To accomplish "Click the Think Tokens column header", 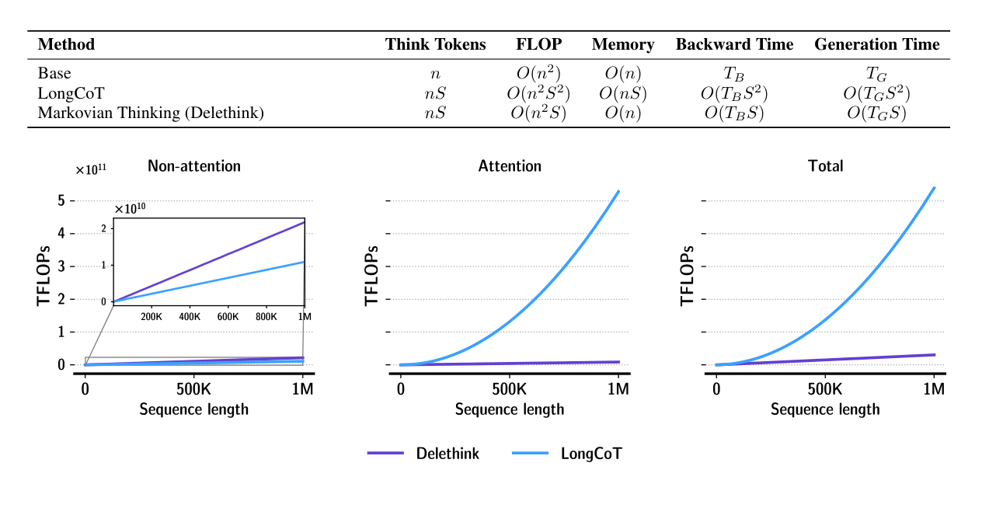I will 435,44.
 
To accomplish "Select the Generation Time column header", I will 876,44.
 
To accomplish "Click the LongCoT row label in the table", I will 71,93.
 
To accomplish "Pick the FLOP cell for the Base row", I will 538,74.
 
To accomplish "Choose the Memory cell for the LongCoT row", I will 622,93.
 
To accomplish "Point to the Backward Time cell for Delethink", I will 734,113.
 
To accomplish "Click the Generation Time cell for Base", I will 876,74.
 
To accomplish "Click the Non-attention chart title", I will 194,165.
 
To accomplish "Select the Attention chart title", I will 510,165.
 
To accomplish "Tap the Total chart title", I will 825,165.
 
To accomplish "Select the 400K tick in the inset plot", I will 190,317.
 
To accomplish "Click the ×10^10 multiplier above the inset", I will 130,209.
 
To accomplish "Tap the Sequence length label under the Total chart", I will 825,409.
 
